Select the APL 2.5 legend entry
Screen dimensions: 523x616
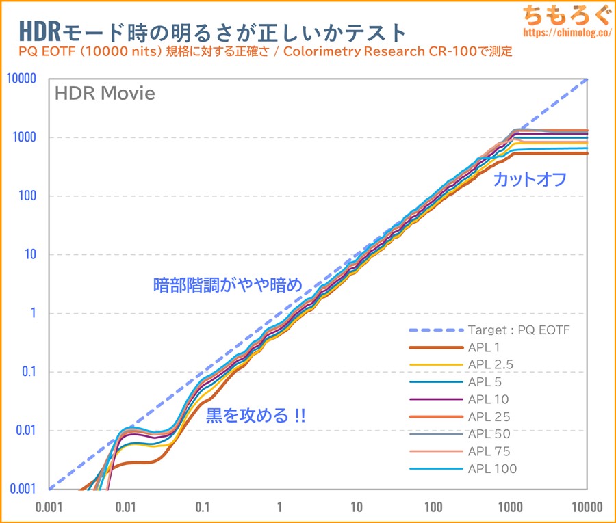tap(491, 364)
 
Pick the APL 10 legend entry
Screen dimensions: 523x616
tap(489, 399)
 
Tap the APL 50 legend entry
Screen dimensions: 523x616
tap(489, 434)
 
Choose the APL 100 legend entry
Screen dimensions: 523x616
tap(492, 469)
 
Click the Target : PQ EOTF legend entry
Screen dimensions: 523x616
tap(519, 330)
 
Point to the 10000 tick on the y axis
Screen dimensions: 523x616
tap(21, 79)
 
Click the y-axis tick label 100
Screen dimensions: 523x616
tap(28, 197)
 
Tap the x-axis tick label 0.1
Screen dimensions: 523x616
tap(203, 508)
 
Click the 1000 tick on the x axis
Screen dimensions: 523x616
tap(510, 508)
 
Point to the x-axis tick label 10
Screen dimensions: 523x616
tap(356, 508)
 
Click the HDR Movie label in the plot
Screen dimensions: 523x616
tap(105, 94)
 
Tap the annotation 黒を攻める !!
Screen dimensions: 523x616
tap(256, 415)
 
